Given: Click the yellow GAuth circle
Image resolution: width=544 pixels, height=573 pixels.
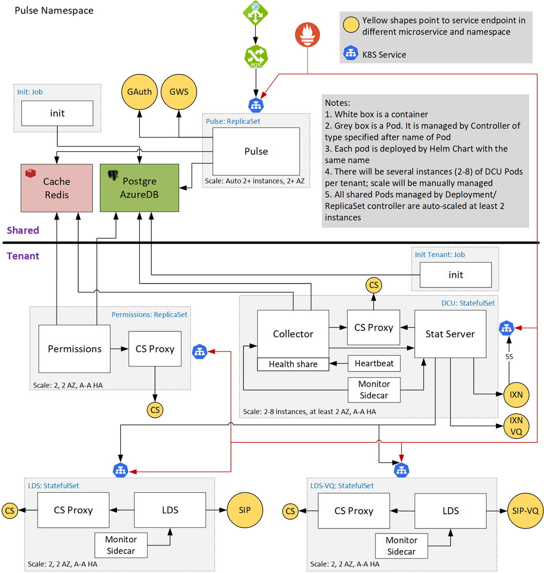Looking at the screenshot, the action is coord(139,92).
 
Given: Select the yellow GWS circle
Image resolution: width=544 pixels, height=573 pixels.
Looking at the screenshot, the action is coord(178,92).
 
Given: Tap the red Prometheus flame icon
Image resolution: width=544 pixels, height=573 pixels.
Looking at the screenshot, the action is coord(307,34).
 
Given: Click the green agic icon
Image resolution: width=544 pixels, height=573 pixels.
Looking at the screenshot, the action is coord(256,56).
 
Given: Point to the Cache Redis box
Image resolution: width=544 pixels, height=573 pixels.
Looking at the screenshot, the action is coord(56,188).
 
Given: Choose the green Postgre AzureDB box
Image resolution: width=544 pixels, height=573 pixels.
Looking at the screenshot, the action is coord(139,188).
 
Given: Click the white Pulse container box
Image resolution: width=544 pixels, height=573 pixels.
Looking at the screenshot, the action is coord(256,151).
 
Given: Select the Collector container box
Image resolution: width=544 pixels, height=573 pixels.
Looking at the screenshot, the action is coord(293,334).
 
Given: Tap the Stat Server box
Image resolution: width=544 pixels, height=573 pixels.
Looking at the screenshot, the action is coord(450,334).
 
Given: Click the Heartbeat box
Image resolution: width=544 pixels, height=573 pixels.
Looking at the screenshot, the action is coord(374,363).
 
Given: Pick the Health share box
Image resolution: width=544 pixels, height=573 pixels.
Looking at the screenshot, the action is coord(293,364).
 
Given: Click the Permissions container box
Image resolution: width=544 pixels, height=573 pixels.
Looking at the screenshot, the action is coord(74,349).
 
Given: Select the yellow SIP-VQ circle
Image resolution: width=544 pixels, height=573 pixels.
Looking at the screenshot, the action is coord(525,510).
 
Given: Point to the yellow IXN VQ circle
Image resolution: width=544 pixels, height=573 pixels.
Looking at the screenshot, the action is coord(516,426).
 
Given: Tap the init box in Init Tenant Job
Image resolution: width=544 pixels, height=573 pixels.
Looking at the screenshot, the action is coord(455,275).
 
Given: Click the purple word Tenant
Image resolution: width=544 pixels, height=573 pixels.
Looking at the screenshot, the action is coord(23,256).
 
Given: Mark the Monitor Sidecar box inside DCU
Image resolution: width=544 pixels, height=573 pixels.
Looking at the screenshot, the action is coord(374,390).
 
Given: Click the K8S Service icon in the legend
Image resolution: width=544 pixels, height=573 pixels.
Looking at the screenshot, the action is coord(350,53).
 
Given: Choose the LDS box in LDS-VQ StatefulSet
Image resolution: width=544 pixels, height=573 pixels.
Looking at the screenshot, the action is coord(450,510).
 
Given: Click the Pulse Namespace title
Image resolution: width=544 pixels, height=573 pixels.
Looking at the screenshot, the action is coord(54,11).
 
